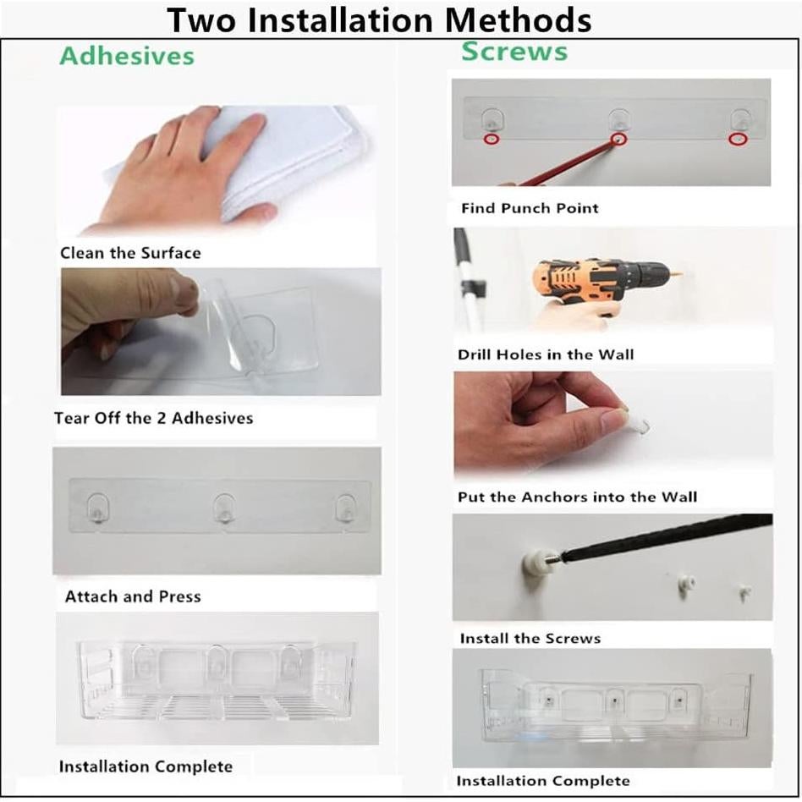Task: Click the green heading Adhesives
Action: pyautogui.click(x=127, y=56)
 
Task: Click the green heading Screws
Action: pyautogui.click(x=514, y=51)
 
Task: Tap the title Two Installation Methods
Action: pyautogui.click(x=379, y=20)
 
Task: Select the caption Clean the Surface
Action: pyautogui.click(x=130, y=253)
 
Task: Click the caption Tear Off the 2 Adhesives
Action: pyautogui.click(x=153, y=418)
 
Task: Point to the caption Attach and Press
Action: pyautogui.click(x=133, y=596)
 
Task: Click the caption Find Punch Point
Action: pyautogui.click(x=530, y=208)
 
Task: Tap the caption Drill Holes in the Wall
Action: pyautogui.click(x=546, y=354)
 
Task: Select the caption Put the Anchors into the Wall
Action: pyautogui.click(x=578, y=497)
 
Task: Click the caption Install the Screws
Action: pyautogui.click(x=530, y=639)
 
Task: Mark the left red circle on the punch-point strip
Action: pyautogui.click(x=492, y=139)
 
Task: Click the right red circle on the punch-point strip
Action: pyautogui.click(x=738, y=139)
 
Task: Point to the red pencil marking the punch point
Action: pyautogui.click(x=565, y=163)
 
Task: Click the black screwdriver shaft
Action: pyautogui.click(x=665, y=537)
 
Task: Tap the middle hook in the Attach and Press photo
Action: pyautogui.click(x=224, y=508)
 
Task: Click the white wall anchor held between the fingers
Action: pyautogui.click(x=638, y=425)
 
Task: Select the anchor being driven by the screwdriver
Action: pyautogui.click(x=535, y=561)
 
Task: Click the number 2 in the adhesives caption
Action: pyautogui.click(x=161, y=418)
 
